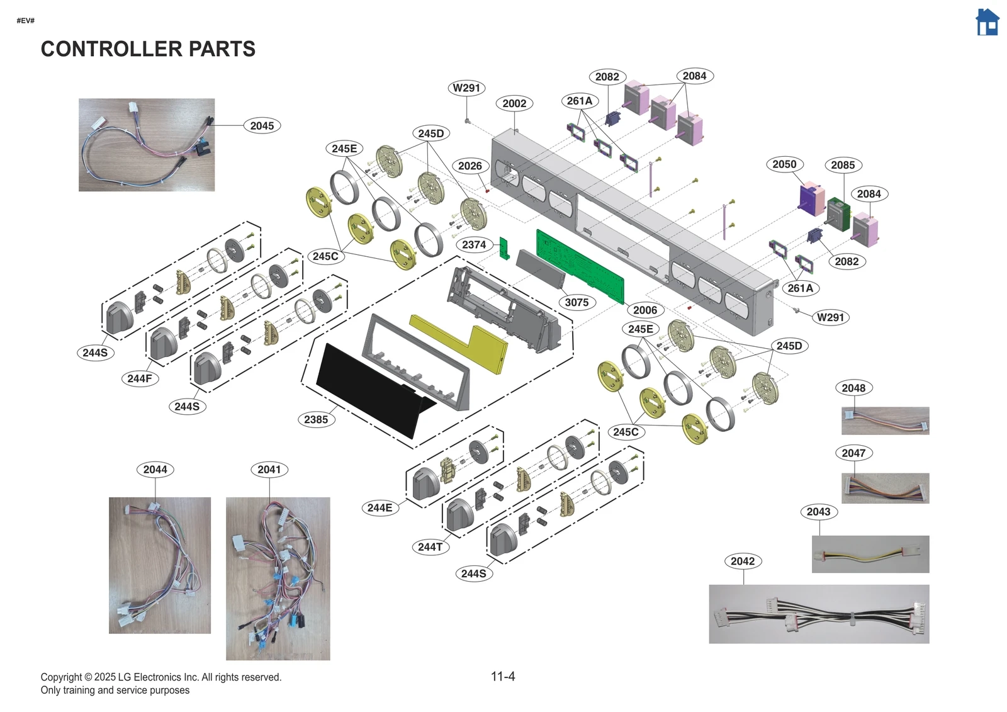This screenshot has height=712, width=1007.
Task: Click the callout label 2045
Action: [x=262, y=126]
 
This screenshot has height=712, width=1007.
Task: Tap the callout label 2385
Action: [x=316, y=419]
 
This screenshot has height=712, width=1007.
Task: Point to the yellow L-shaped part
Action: [x=466, y=343]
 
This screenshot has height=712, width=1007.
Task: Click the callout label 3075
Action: [x=577, y=302]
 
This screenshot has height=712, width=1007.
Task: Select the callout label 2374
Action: [x=474, y=245]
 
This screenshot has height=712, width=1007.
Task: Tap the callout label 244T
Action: [x=430, y=547]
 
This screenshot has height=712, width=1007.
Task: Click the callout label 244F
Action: [x=140, y=378]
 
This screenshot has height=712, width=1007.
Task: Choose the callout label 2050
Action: [x=784, y=164]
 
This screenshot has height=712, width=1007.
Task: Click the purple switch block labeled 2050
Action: [x=811, y=199]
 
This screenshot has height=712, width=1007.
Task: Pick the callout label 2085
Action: [x=843, y=165]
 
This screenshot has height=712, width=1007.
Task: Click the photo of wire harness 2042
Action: [x=818, y=614]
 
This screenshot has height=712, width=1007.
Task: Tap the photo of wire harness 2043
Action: [x=870, y=554]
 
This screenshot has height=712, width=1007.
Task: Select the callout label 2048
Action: [x=853, y=388]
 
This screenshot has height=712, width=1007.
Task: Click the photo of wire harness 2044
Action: [x=160, y=565]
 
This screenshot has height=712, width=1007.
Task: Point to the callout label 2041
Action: [x=269, y=470]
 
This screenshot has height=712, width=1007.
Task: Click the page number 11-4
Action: [x=503, y=676]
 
